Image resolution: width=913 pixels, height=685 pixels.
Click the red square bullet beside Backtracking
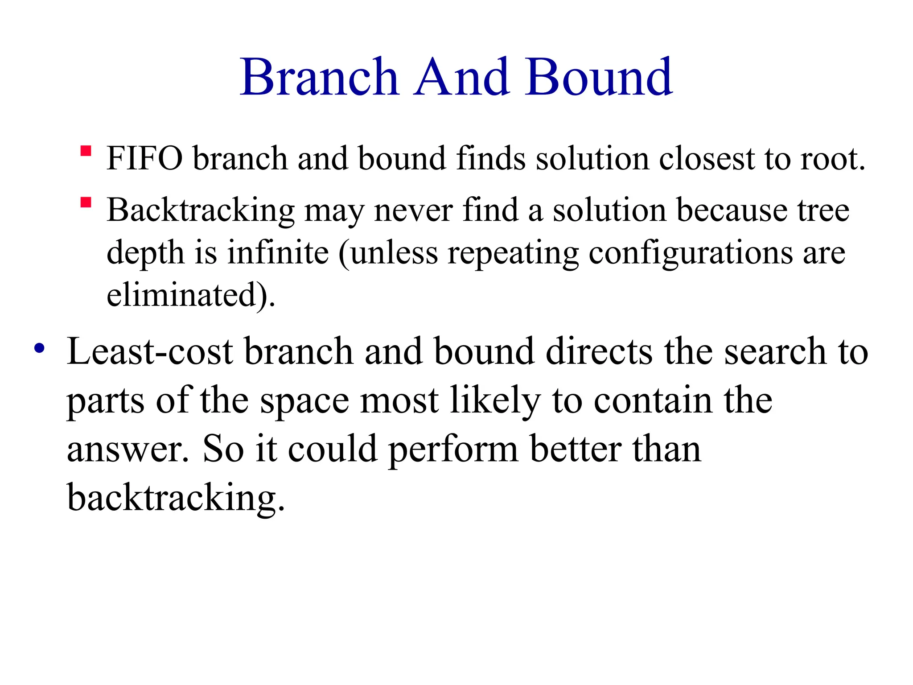tap(86, 203)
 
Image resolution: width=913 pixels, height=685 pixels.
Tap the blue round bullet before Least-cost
tap(39, 348)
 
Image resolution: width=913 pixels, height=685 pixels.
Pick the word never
tap(414, 210)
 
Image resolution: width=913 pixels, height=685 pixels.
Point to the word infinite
tap(278, 253)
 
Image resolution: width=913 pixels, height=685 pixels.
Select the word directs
tap(599, 352)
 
